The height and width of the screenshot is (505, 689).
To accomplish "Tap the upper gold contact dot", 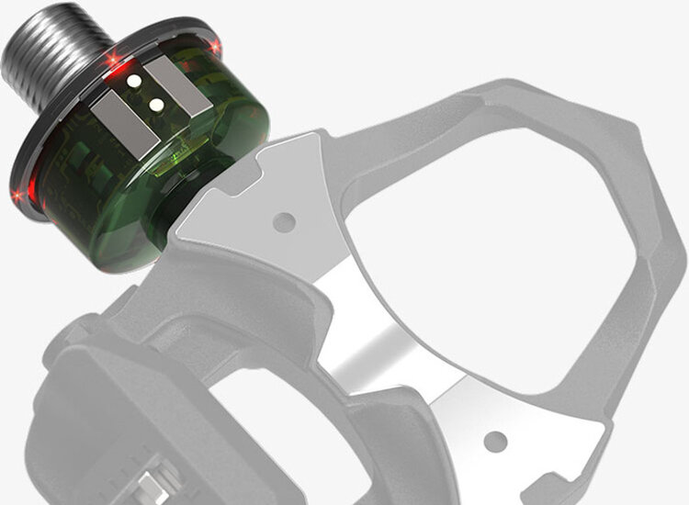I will coord(135,82).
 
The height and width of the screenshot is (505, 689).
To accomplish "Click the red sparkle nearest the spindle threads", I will coord(115,61).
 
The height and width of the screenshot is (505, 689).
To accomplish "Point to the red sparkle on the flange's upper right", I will coord(215,46).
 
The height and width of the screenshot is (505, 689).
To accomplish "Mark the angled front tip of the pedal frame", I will coord(634,147).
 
